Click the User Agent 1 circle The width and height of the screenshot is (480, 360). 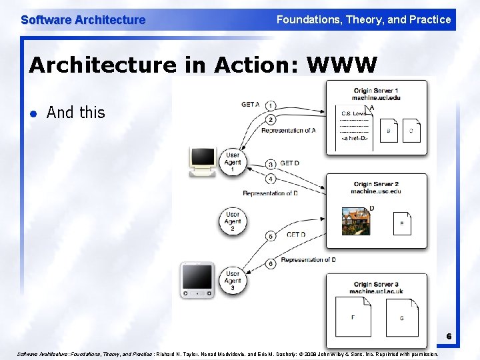point(233,161)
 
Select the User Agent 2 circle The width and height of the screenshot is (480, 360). point(233,221)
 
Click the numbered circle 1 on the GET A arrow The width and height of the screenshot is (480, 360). point(271,106)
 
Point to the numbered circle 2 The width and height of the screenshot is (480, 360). point(271,119)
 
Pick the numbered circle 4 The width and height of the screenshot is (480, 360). point(271,179)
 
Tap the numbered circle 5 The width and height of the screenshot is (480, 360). point(271,236)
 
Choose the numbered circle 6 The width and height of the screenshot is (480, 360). point(271,264)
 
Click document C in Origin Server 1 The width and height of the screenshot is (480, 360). point(411,131)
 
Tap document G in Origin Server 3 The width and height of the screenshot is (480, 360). point(401,317)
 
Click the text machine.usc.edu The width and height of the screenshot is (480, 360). point(376,192)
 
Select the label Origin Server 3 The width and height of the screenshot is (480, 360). point(376,284)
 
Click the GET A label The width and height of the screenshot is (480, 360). point(251,105)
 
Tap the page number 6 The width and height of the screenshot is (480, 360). point(449,337)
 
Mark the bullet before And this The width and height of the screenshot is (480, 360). point(33,113)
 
